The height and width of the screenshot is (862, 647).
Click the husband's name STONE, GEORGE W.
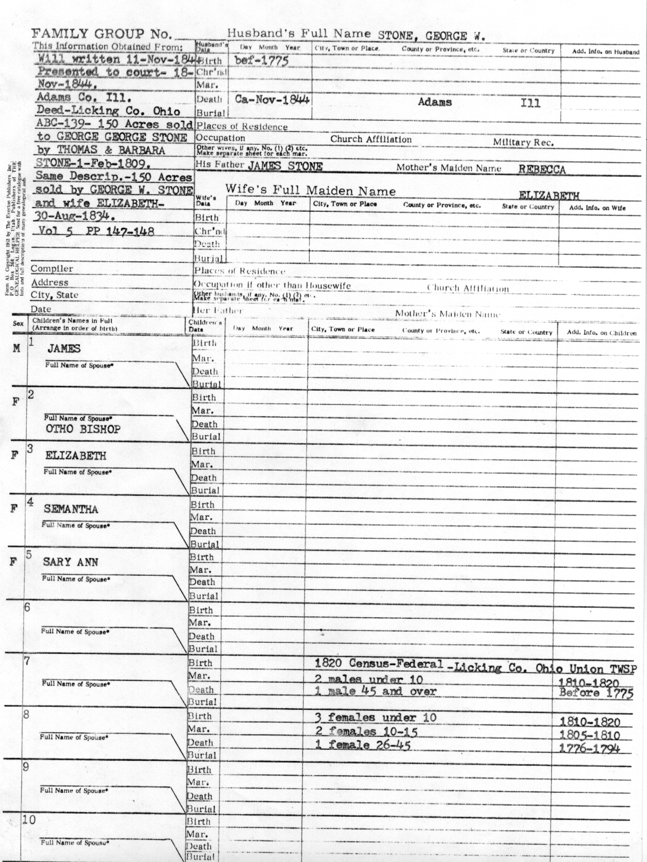pyautogui.click(x=432, y=36)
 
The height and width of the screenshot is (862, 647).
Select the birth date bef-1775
pyautogui.click(x=261, y=60)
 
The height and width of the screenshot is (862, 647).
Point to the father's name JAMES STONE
pyautogui.click(x=285, y=166)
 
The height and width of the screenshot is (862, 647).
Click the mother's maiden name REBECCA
pyautogui.click(x=542, y=170)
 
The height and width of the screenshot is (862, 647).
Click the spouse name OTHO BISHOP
pyautogui.click(x=83, y=429)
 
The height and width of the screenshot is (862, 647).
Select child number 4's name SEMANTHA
pyautogui.click(x=71, y=509)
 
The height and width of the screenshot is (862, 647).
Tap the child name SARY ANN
pyautogui.click(x=70, y=562)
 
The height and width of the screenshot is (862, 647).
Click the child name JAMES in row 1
pyautogui.click(x=64, y=349)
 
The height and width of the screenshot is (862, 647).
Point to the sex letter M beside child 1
pyautogui.click(x=16, y=349)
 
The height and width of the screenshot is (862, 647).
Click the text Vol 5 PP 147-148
pyautogui.click(x=96, y=231)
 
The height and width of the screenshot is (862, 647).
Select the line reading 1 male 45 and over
pyautogui.click(x=375, y=692)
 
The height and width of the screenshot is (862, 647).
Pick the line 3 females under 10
pyautogui.click(x=375, y=717)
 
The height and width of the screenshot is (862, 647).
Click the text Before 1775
pyautogui.click(x=596, y=693)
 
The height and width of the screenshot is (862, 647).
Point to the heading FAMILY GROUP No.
pyautogui.click(x=103, y=34)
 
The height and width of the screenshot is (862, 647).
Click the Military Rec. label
pyautogui.click(x=523, y=143)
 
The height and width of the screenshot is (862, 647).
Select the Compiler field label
pyautogui.click(x=52, y=269)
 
